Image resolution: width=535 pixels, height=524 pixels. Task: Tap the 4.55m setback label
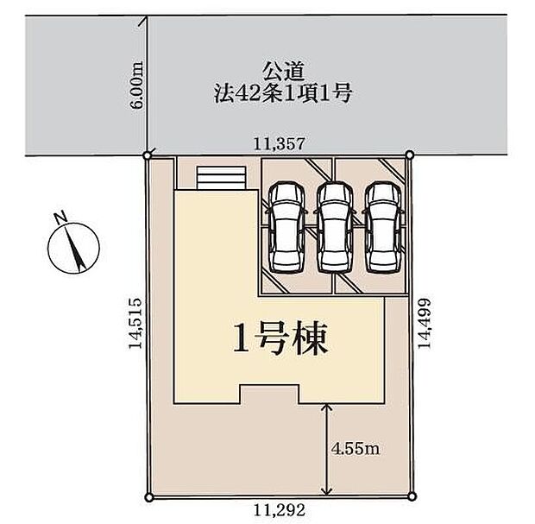pos(356,450)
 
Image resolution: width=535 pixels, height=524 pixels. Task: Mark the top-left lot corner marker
pos(148,156)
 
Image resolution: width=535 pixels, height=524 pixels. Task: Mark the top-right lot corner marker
pos(409,155)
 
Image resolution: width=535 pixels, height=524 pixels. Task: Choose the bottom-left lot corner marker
pos(148,496)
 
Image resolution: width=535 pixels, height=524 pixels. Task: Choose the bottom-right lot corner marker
pos(409,496)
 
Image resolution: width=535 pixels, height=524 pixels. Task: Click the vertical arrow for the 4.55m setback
pos(326,449)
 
